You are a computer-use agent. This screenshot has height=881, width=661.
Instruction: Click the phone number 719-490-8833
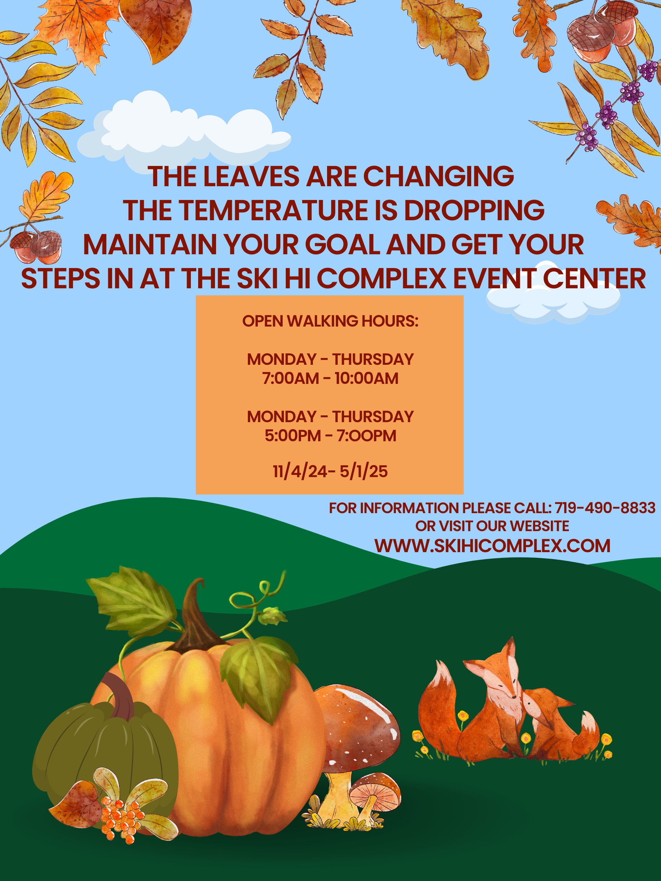pos(605,508)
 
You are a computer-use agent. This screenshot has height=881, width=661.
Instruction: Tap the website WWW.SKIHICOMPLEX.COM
pos(492,546)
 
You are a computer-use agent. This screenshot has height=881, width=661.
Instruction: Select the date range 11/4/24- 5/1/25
pos(330,471)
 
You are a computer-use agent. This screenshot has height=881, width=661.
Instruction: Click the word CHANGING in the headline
pos(438,176)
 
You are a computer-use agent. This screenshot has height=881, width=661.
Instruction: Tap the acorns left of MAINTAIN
pos(36,247)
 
